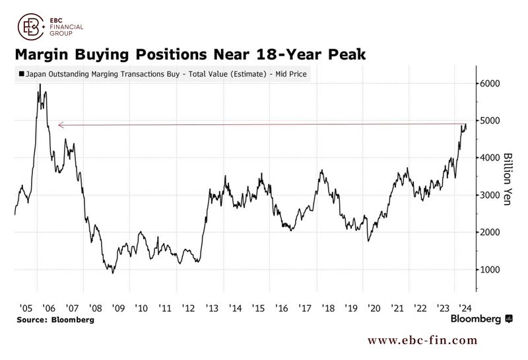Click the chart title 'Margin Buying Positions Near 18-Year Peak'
189,53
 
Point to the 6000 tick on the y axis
488,84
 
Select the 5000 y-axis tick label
488,121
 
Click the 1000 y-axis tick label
488,270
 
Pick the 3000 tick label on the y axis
488,196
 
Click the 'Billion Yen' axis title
508,179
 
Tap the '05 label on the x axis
26,308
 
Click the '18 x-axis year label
328,308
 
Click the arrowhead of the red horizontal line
60,124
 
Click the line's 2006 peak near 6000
40,85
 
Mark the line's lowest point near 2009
113,272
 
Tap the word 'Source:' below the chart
34,320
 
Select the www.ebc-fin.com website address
422,340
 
